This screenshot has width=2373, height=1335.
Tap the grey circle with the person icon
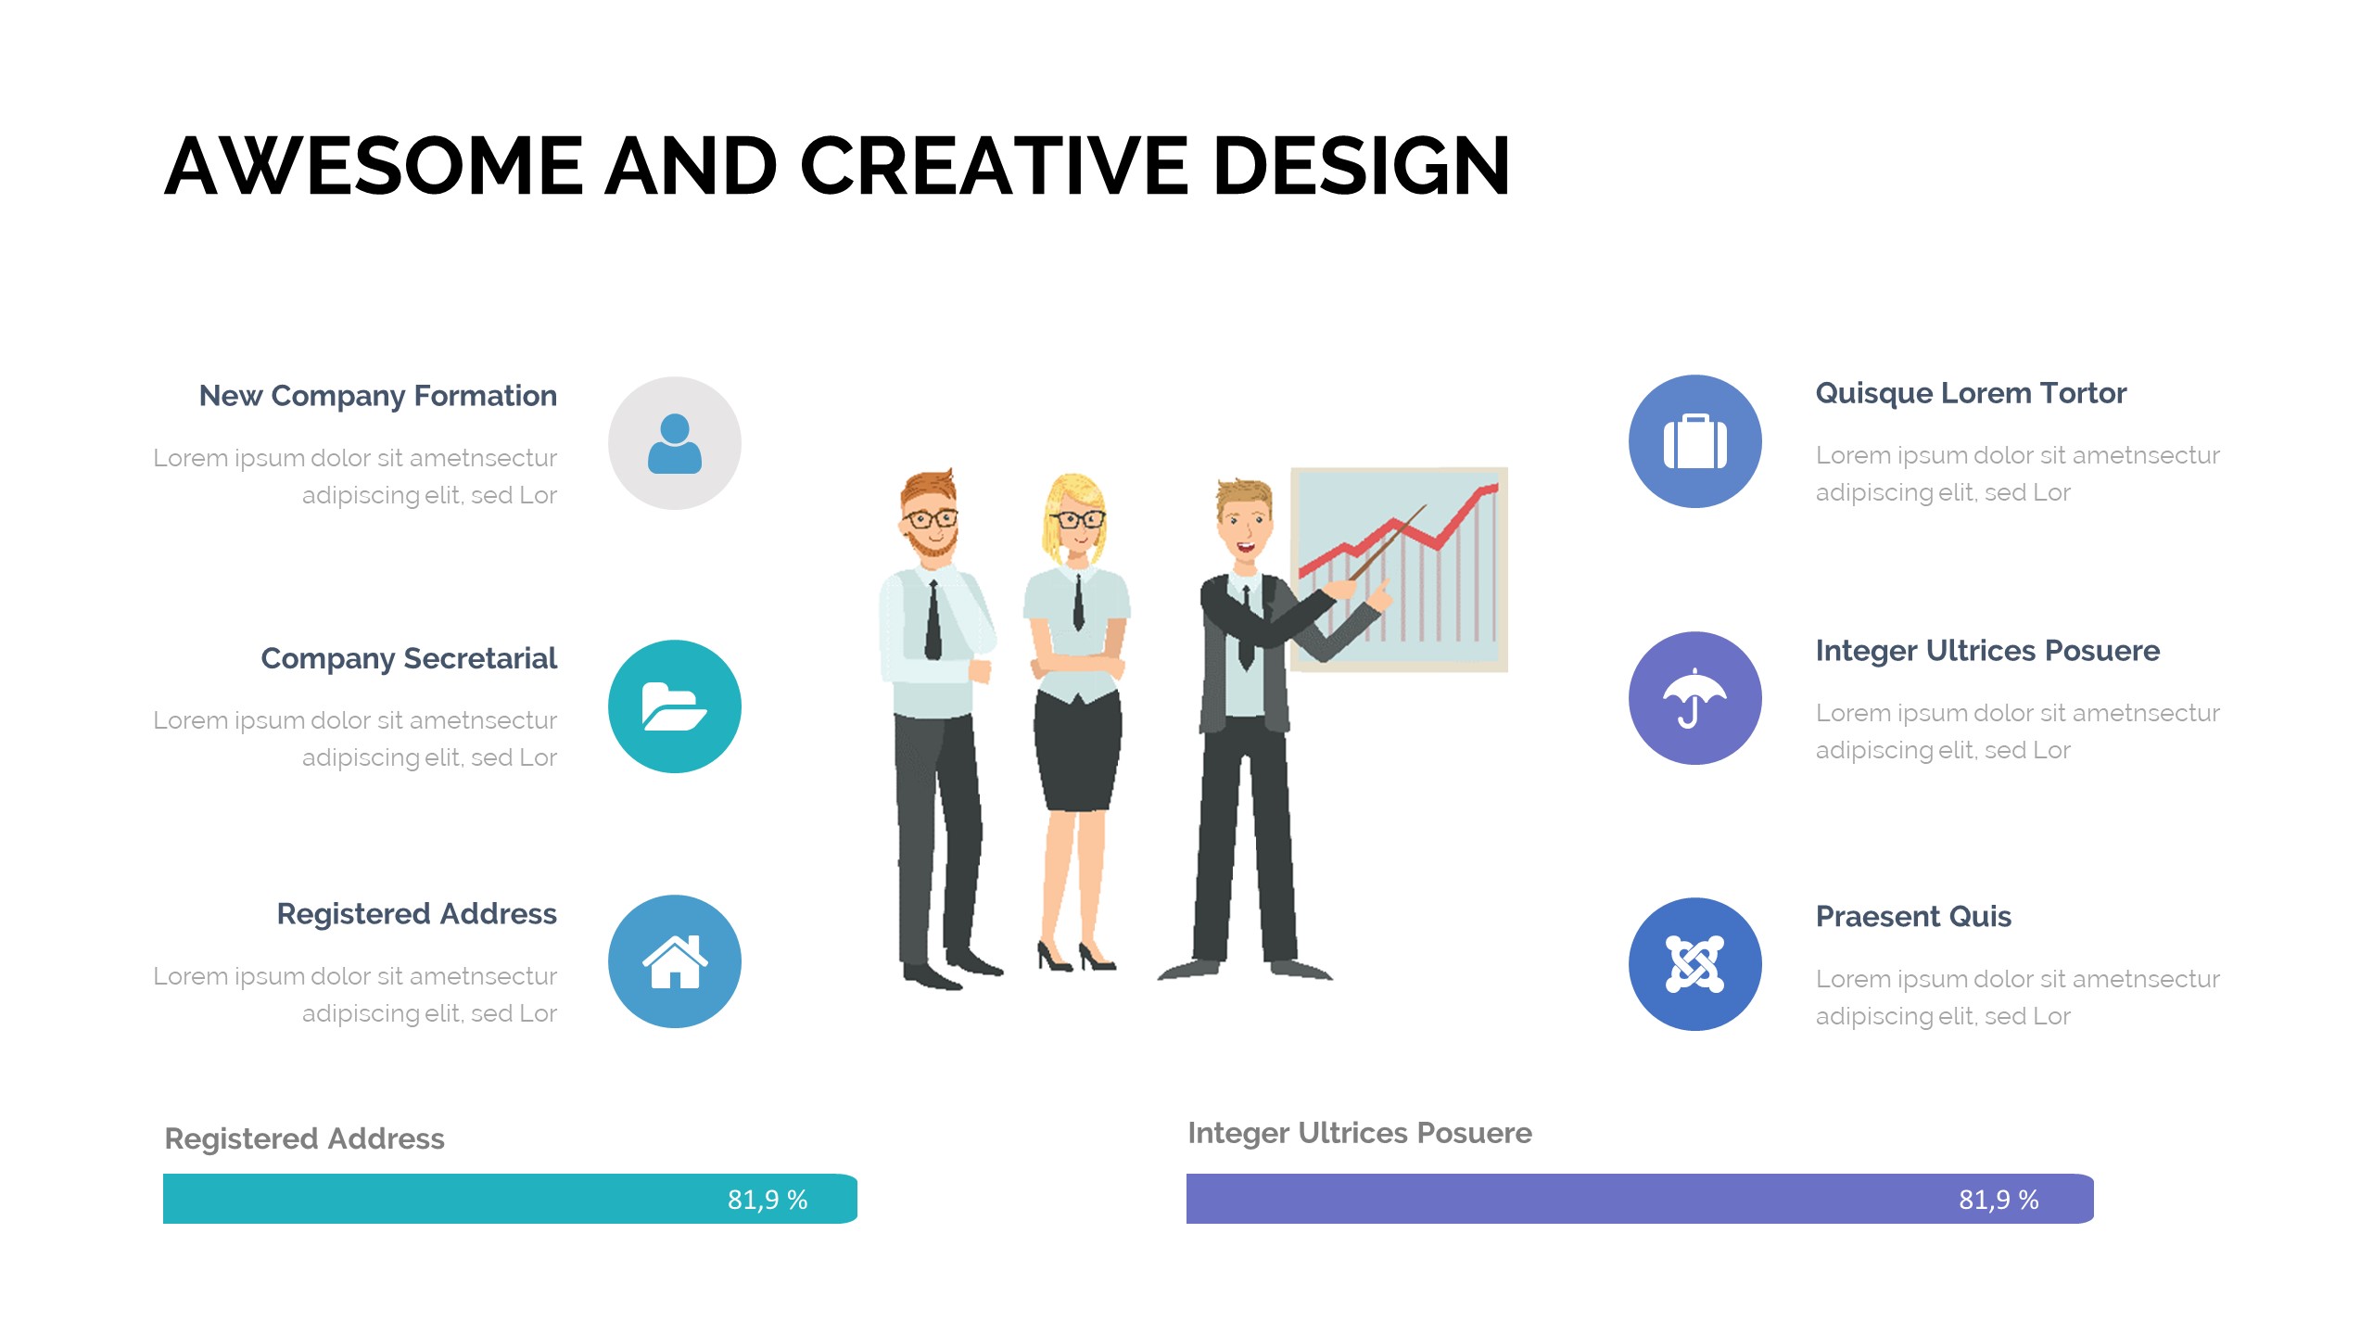click(675, 443)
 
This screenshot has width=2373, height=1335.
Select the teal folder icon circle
click(675, 706)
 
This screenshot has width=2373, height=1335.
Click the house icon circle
click(675, 961)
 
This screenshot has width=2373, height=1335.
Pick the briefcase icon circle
click(1695, 441)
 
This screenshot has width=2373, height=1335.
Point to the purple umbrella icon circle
click(1695, 698)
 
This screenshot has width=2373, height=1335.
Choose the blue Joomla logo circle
click(1695, 964)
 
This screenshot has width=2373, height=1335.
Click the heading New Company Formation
click(378, 396)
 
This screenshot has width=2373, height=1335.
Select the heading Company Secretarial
click(409, 658)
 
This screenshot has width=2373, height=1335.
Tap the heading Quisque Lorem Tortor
click(1971, 394)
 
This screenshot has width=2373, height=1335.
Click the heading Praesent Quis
click(1913, 917)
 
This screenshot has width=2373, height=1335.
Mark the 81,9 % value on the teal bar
click(768, 1200)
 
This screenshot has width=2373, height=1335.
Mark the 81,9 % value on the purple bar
click(1999, 1200)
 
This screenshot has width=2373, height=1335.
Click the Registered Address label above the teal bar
click(304, 1138)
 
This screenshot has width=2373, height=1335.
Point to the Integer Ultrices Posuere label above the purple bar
click(1360, 1133)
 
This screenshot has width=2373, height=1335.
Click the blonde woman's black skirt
click(1078, 751)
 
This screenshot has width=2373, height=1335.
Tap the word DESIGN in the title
click(1362, 166)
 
